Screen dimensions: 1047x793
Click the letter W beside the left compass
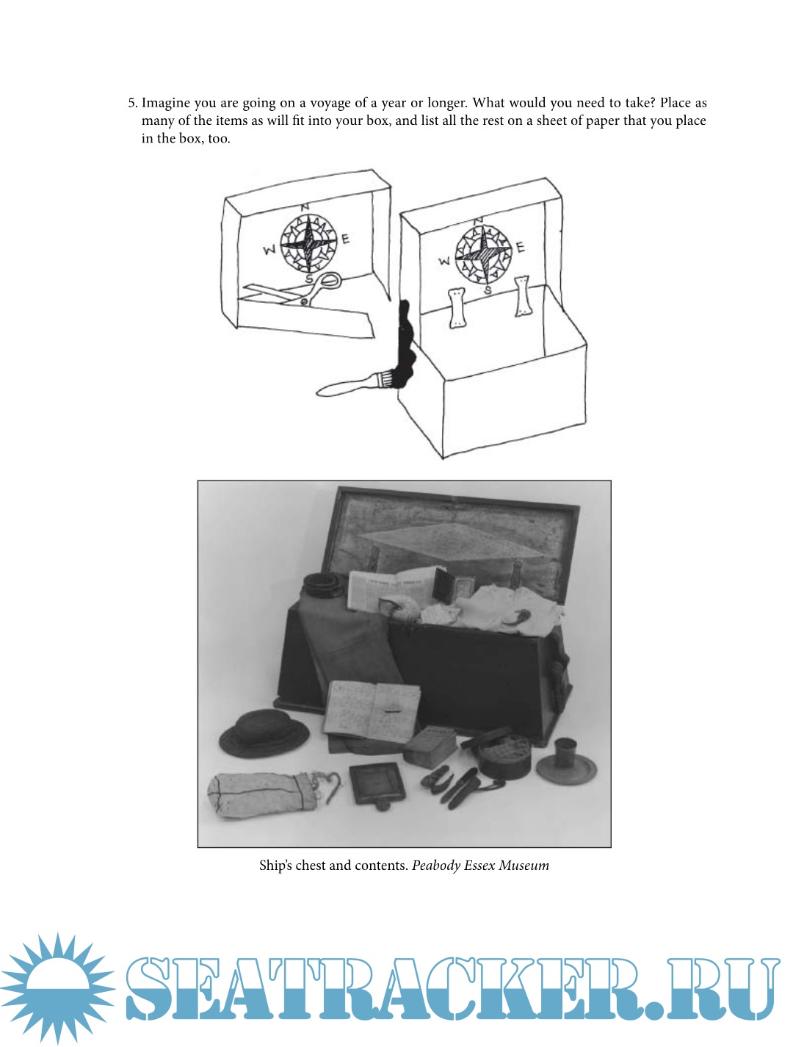coord(270,251)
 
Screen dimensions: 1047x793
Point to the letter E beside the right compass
coord(521,247)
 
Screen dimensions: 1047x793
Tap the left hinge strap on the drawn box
coord(457,307)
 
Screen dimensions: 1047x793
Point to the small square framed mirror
coord(377,784)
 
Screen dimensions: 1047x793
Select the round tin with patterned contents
coord(503,756)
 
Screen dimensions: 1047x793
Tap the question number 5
coord(132,103)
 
